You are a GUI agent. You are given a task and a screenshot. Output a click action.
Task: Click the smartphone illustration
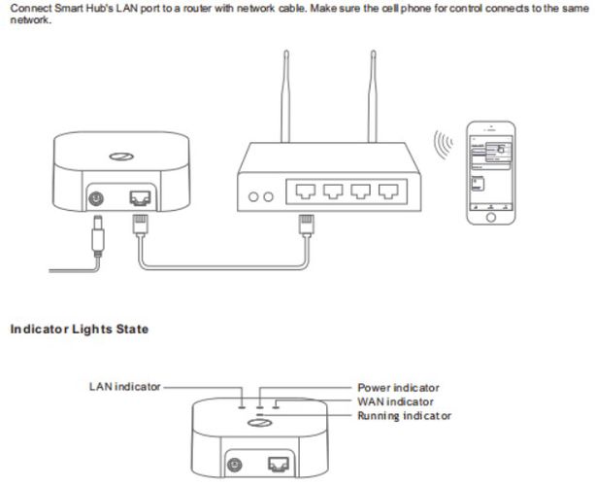point(490,173)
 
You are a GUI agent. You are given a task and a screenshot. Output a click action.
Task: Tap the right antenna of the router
point(371,92)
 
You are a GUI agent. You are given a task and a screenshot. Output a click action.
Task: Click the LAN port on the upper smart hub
point(138,197)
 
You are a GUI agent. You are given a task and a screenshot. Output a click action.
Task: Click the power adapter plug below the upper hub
point(98,236)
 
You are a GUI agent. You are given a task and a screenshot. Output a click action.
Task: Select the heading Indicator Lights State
point(80,330)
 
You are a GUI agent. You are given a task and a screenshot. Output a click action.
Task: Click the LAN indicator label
point(124,386)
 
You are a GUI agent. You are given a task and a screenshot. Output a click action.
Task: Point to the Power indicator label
point(398,388)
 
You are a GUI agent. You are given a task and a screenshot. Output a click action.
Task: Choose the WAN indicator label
point(395,401)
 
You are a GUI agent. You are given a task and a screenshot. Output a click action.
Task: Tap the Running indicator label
point(403,415)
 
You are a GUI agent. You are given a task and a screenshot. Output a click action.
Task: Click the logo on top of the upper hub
point(119,157)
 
